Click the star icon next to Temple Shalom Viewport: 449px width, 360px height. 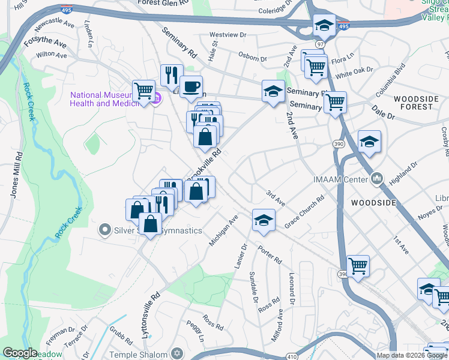(176, 353)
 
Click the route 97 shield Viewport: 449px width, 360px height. (321, 44)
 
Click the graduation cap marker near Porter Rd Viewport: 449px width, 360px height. (264, 220)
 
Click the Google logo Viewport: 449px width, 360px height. (20, 353)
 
